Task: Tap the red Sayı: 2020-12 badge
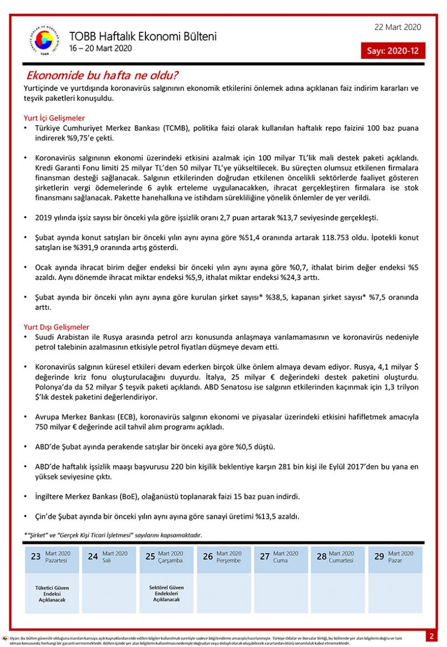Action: pyautogui.click(x=393, y=51)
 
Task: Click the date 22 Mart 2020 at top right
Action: pyautogui.click(x=397, y=27)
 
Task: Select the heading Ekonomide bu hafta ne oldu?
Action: pyautogui.click(x=102, y=75)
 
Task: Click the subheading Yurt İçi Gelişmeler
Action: pyautogui.click(x=54, y=118)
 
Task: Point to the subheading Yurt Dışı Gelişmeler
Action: pyautogui.click(x=57, y=327)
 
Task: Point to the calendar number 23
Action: pyautogui.click(x=36, y=556)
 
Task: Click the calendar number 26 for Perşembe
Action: pyautogui.click(x=208, y=556)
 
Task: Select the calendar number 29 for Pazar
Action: pyautogui.click(x=379, y=556)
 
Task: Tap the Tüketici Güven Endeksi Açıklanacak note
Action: pyautogui.click(x=52, y=593)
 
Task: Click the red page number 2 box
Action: pyautogui.click(x=431, y=636)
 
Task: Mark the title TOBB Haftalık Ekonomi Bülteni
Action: pyautogui.click(x=143, y=36)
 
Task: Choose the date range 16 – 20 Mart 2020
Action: pyautogui.click(x=100, y=48)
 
